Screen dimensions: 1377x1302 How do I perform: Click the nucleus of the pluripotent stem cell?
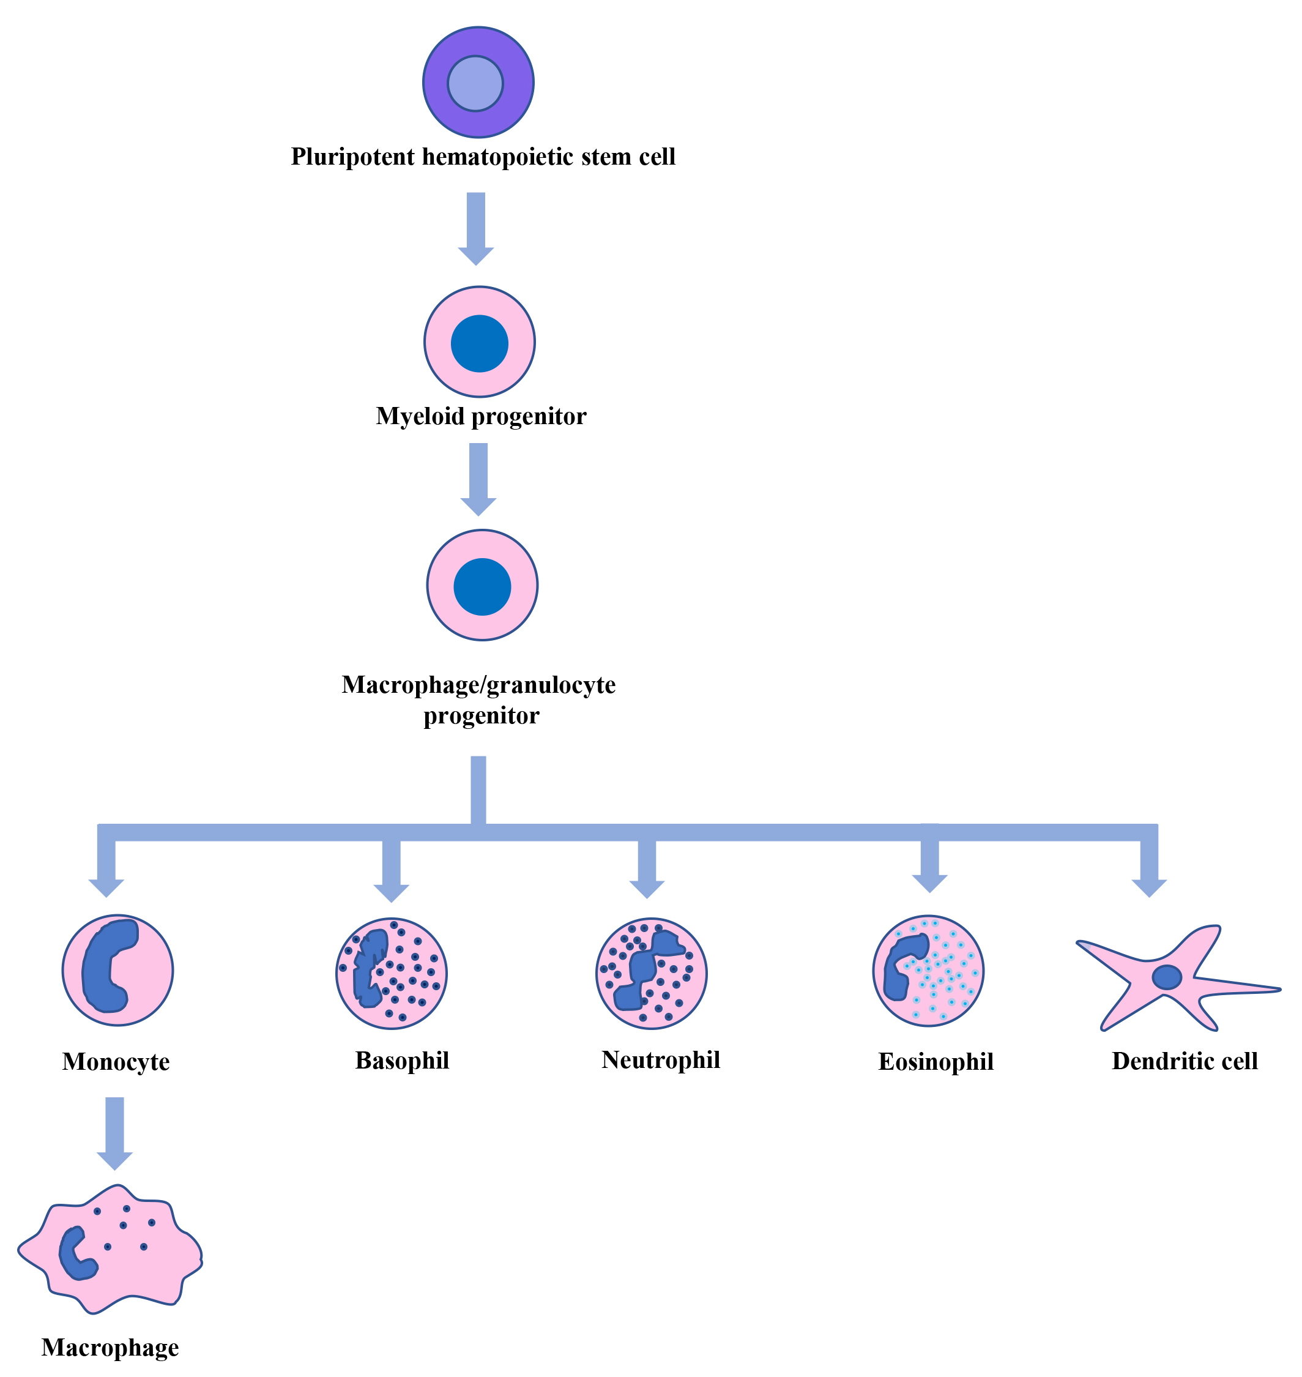click(475, 83)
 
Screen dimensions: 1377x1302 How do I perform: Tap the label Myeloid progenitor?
click(481, 416)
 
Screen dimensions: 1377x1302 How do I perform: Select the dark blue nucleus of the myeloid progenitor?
click(480, 343)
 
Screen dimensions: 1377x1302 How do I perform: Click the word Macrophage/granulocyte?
click(478, 685)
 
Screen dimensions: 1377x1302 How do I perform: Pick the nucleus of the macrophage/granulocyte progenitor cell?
click(482, 586)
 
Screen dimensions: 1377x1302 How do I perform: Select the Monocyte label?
click(116, 1062)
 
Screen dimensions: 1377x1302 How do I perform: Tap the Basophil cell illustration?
click(392, 973)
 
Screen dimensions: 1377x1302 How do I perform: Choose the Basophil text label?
click(402, 1061)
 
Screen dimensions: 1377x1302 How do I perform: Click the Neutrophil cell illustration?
click(651, 972)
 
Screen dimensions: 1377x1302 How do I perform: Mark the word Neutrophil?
click(661, 1060)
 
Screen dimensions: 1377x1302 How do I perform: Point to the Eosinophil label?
click(936, 1062)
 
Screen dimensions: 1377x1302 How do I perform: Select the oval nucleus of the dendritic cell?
click(1167, 977)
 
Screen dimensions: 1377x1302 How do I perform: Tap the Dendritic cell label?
click(1185, 1061)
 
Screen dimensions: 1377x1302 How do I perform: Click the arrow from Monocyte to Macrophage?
click(114, 1132)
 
